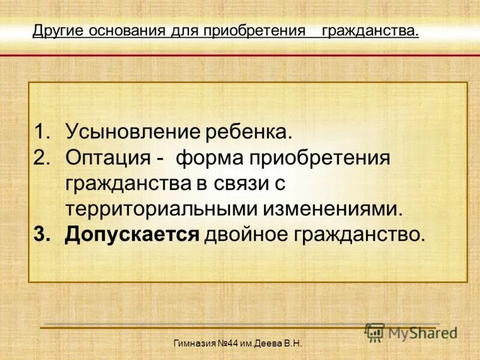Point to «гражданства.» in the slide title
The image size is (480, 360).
point(370,31)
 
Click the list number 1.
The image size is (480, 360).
point(43,131)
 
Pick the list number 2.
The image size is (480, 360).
point(43,159)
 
